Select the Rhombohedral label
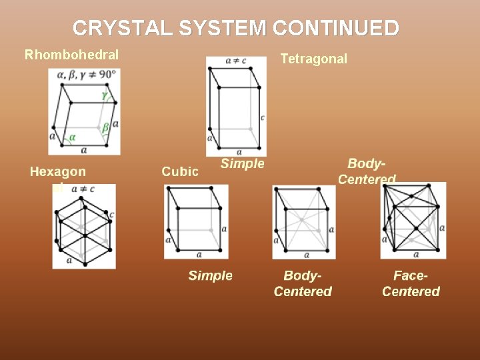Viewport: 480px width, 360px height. point(71,55)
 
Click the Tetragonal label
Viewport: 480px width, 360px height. point(313,59)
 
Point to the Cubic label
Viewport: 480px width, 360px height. point(180,171)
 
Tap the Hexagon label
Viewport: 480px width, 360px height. point(58,171)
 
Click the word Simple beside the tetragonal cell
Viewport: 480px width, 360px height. point(243,163)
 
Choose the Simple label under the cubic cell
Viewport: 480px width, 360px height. point(210,275)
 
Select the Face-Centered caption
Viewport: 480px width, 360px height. point(411,283)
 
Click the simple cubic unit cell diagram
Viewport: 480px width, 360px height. point(196,221)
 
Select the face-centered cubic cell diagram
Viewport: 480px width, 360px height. point(413,221)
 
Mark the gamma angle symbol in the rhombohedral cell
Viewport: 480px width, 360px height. point(104,95)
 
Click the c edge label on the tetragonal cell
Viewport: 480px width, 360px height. point(263,117)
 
